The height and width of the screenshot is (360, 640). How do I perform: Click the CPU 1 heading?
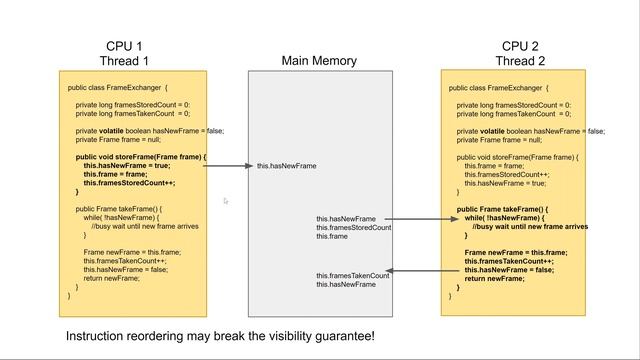click(125, 46)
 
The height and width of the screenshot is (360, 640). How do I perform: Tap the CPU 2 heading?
click(520, 46)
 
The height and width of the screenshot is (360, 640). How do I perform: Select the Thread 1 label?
click(125, 60)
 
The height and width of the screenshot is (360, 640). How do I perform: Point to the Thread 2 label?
click(520, 60)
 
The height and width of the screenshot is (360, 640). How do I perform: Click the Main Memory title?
click(319, 61)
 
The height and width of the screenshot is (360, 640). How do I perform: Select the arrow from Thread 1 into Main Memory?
click(228, 165)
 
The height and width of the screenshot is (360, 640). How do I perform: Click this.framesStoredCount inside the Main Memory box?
click(354, 228)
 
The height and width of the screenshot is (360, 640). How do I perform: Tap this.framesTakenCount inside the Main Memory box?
click(353, 276)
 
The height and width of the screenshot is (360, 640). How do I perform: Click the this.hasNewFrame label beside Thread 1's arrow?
click(286, 166)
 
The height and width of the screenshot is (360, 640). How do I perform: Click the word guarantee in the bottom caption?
click(339, 336)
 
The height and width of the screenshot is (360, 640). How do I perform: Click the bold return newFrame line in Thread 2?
click(495, 279)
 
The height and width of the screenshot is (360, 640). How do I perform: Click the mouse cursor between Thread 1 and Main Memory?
click(227, 201)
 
